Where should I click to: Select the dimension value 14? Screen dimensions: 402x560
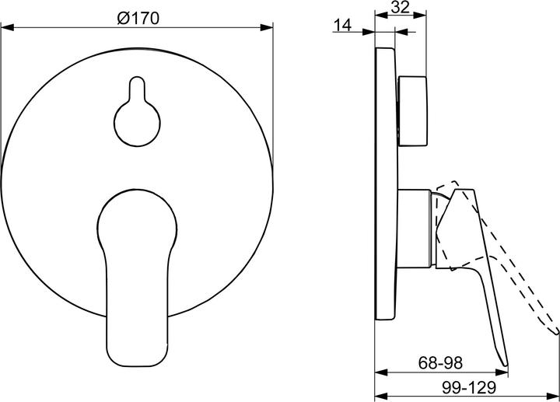(342, 25)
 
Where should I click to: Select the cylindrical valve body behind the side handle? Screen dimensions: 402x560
(418, 230)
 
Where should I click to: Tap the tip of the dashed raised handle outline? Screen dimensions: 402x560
(557, 334)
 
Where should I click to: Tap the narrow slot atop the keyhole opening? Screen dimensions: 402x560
(138, 87)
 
